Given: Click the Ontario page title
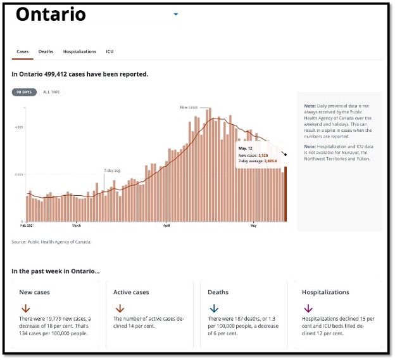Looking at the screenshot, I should pos(51,15).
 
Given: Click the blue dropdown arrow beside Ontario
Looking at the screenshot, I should pos(176,14).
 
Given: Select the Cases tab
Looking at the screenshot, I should pos(23,51).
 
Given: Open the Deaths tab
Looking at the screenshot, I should pos(46,51).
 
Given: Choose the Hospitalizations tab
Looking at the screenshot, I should pos(80,51).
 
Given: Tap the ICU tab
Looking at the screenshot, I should pos(110,51).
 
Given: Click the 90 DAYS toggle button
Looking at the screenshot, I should pos(25,92).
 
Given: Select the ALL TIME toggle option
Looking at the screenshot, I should pos(52,92).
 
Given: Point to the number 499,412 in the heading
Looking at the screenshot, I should pos(67,74).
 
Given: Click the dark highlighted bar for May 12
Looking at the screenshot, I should pos(285,194).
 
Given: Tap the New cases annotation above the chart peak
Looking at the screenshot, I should pos(189,107).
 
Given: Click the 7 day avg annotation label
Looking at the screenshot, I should pos(113,170).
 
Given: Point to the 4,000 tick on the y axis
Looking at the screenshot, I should pos(19,127).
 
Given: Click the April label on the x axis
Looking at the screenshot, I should pos(167,225).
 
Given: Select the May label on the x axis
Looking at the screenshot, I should pos(253,225).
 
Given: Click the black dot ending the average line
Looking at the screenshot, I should pos(285,154).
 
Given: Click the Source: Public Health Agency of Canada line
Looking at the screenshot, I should pos(51,241).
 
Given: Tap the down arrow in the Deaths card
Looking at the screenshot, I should pos(213,309).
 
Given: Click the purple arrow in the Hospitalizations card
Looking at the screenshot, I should pos(308,309).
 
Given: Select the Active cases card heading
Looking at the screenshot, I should pos(131,292).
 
